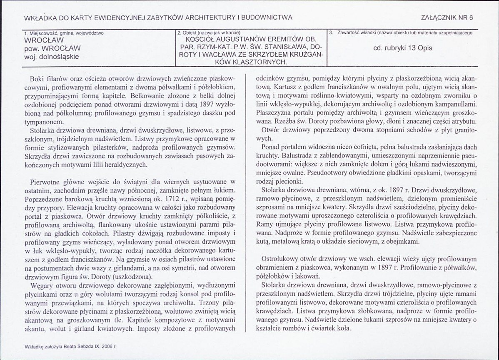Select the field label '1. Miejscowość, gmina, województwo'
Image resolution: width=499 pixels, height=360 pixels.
(x=64, y=32)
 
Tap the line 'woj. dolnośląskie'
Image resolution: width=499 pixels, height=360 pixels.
(x=51, y=56)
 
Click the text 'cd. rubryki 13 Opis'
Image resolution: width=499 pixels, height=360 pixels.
(x=403, y=48)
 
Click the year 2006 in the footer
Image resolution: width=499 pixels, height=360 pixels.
(x=107, y=346)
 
